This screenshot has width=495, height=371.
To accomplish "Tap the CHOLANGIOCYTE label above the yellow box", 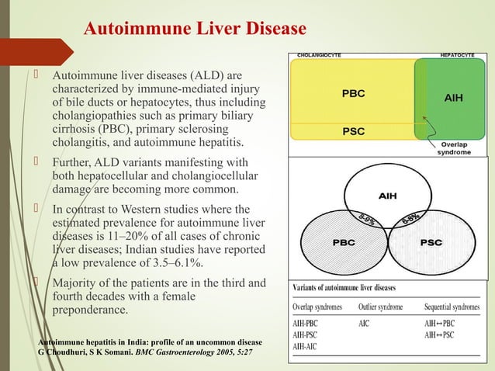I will tap(320, 55).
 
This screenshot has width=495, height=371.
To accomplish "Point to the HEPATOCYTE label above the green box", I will tap(459, 55).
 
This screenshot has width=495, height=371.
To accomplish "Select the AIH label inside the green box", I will tap(455, 99).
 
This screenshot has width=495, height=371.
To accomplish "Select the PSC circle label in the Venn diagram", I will tap(431, 242).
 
